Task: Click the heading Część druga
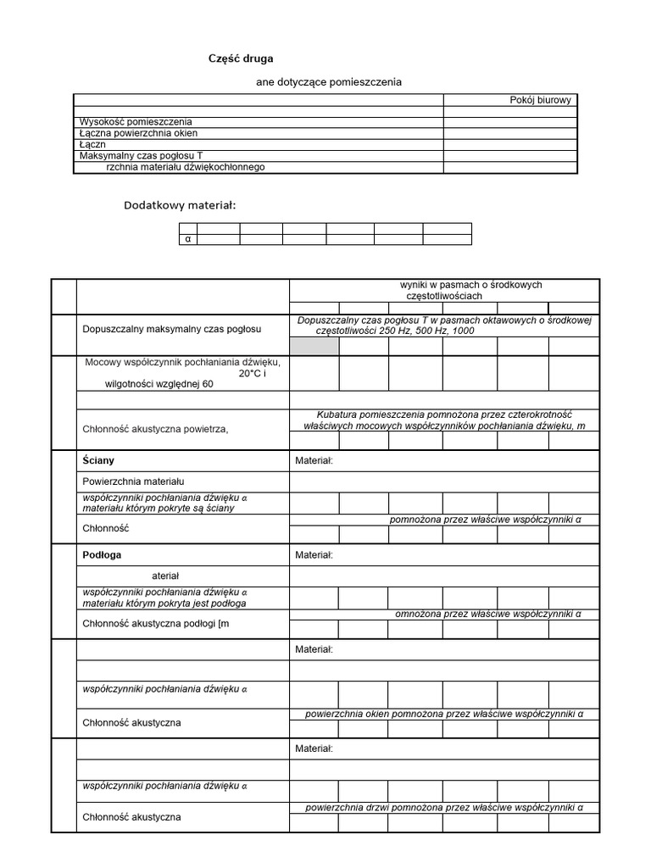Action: click(x=241, y=58)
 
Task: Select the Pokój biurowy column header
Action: click(x=540, y=100)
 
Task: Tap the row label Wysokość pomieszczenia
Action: click(x=136, y=122)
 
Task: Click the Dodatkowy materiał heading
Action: click(x=180, y=205)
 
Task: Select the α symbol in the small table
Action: click(x=187, y=240)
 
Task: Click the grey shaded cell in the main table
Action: click(x=314, y=346)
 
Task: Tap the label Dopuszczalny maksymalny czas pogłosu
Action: click(x=171, y=329)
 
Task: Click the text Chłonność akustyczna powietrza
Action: click(x=155, y=429)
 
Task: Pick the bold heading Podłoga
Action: click(x=102, y=554)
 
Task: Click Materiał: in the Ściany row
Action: click(x=314, y=460)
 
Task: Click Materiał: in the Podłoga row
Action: click(x=314, y=555)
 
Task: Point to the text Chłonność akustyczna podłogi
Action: click(x=156, y=625)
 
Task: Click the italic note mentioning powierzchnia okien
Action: click(x=444, y=714)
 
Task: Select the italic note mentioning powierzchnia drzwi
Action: click(x=444, y=808)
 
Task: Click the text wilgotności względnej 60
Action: click(x=147, y=384)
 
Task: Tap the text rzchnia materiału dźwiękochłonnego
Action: click(x=186, y=167)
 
